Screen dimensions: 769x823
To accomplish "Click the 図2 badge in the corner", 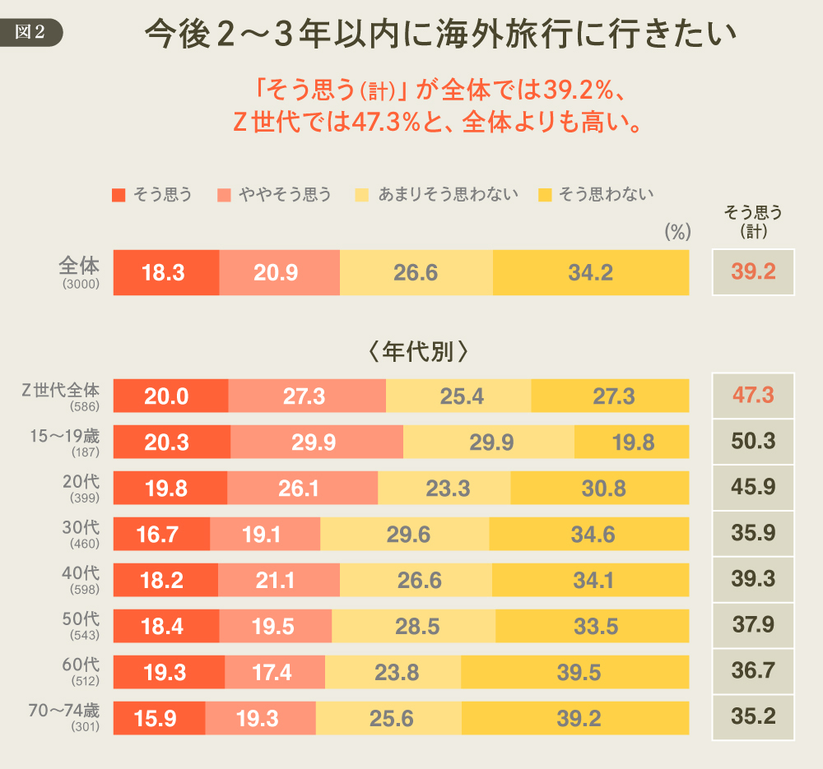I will pyautogui.click(x=32, y=32).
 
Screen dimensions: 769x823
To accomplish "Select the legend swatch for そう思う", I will pyautogui.click(x=119, y=195).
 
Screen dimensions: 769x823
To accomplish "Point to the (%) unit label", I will pyautogui.click(x=677, y=233).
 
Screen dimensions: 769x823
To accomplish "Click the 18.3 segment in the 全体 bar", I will pyautogui.click(x=165, y=272).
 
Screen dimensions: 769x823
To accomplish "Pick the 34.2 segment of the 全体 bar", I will pyautogui.click(x=590, y=272).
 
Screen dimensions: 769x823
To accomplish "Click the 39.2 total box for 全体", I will pyautogui.click(x=753, y=272).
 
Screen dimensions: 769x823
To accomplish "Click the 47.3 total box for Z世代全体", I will pyautogui.click(x=753, y=396).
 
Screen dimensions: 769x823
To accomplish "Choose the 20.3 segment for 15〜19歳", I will pyautogui.click(x=171, y=442).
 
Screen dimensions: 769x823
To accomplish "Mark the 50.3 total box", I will pyautogui.click(x=753, y=442).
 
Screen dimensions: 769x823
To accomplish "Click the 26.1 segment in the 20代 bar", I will pyautogui.click(x=302, y=488).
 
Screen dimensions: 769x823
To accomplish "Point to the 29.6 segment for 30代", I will pyautogui.click(x=405, y=534).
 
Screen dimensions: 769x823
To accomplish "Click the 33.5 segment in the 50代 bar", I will pyautogui.click(x=592, y=626).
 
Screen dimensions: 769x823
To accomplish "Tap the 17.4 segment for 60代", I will pyautogui.click(x=275, y=672).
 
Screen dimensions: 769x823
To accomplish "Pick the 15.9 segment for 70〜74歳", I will pyautogui.click(x=159, y=718).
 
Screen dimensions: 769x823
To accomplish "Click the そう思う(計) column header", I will pyautogui.click(x=753, y=222).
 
